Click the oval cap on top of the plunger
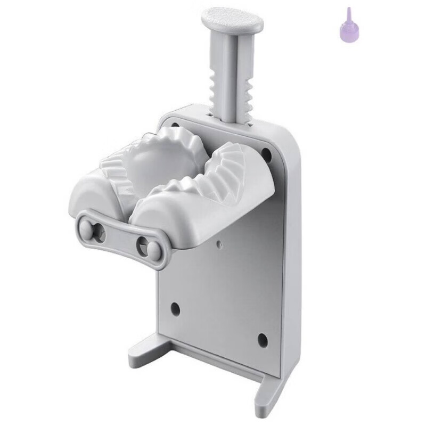tap(233, 21)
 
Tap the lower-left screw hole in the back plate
tap(174, 308)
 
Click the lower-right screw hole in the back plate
tap(261, 339)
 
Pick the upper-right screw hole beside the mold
tap(266, 154)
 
